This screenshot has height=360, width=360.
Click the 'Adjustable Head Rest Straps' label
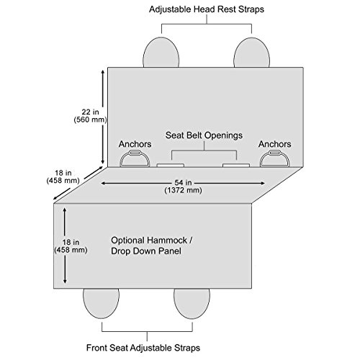(207, 9)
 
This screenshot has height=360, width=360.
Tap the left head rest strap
(161, 53)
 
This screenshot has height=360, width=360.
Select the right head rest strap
(251, 53)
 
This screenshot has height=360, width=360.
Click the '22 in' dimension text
(90, 112)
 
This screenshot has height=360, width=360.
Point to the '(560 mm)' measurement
(90, 120)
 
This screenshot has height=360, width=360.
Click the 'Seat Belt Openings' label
(204, 135)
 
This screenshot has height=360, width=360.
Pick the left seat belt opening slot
(171, 165)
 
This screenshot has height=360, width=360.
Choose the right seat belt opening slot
(236, 165)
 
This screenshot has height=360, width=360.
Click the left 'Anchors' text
(135, 144)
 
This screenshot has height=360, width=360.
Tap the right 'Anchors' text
(275, 144)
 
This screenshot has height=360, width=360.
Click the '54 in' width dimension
(183, 183)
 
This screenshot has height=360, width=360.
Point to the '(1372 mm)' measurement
(183, 191)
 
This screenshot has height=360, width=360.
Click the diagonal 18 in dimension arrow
(78, 183)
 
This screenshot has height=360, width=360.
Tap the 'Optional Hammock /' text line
(151, 240)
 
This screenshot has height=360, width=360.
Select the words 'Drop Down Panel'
(146, 251)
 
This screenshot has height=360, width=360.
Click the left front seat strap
(101, 303)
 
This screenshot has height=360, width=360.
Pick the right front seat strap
(192, 303)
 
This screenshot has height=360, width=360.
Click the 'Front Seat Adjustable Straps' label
(143, 348)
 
